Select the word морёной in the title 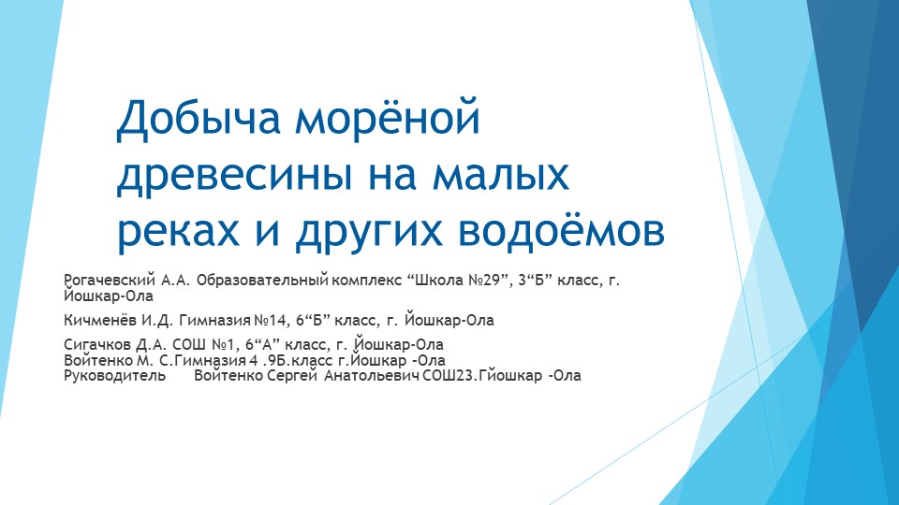click(x=388, y=117)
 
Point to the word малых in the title click(x=501, y=175)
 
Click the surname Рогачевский click(x=110, y=281)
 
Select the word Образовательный click(x=262, y=281)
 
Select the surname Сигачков click(x=97, y=345)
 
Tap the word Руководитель click(x=114, y=376)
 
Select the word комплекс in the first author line click(x=367, y=281)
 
